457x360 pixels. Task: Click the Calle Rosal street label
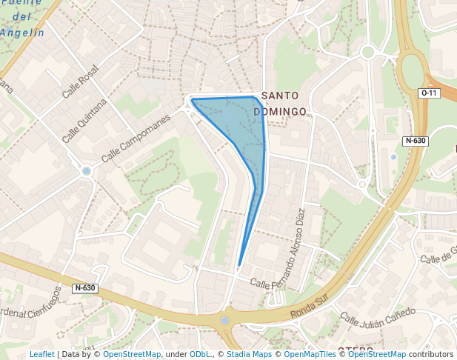(x=80, y=82)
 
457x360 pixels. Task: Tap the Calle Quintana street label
(x=84, y=121)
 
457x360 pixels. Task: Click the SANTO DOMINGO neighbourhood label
(x=280, y=103)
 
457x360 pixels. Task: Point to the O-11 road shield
(x=430, y=93)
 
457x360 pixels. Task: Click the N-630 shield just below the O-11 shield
(x=415, y=141)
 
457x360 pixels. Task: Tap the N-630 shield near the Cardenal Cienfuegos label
(x=85, y=288)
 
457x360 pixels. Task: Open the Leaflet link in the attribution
(x=42, y=354)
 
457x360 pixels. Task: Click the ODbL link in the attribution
(x=200, y=354)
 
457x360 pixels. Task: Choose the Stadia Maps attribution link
(x=248, y=354)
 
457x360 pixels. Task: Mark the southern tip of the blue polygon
(x=239, y=265)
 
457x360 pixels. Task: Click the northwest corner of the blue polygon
(x=192, y=99)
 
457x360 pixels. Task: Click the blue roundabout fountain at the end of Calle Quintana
(x=87, y=171)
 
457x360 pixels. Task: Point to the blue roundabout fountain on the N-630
(x=225, y=320)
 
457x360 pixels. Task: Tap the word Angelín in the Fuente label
(x=24, y=32)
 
